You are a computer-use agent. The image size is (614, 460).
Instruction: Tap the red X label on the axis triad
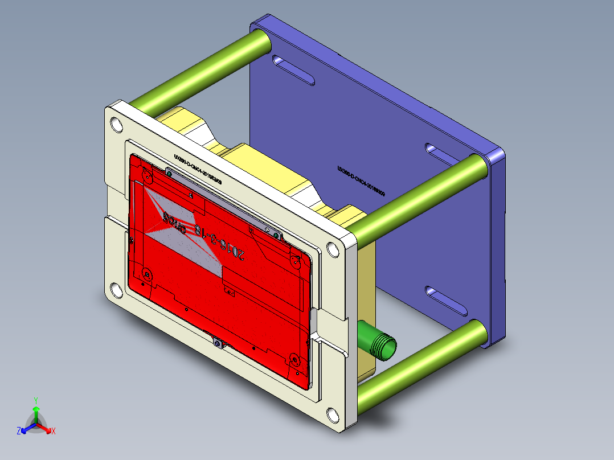[x=54, y=431]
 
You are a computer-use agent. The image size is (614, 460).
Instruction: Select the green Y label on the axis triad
[x=35, y=400]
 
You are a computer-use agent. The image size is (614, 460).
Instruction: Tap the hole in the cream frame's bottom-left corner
[x=116, y=291]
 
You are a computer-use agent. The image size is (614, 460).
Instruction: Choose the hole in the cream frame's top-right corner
[x=332, y=249]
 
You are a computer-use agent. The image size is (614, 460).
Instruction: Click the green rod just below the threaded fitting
[x=421, y=363]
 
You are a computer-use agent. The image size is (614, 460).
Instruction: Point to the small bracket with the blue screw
[x=217, y=343]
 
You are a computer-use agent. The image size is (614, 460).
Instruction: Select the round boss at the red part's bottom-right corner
[x=294, y=359]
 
